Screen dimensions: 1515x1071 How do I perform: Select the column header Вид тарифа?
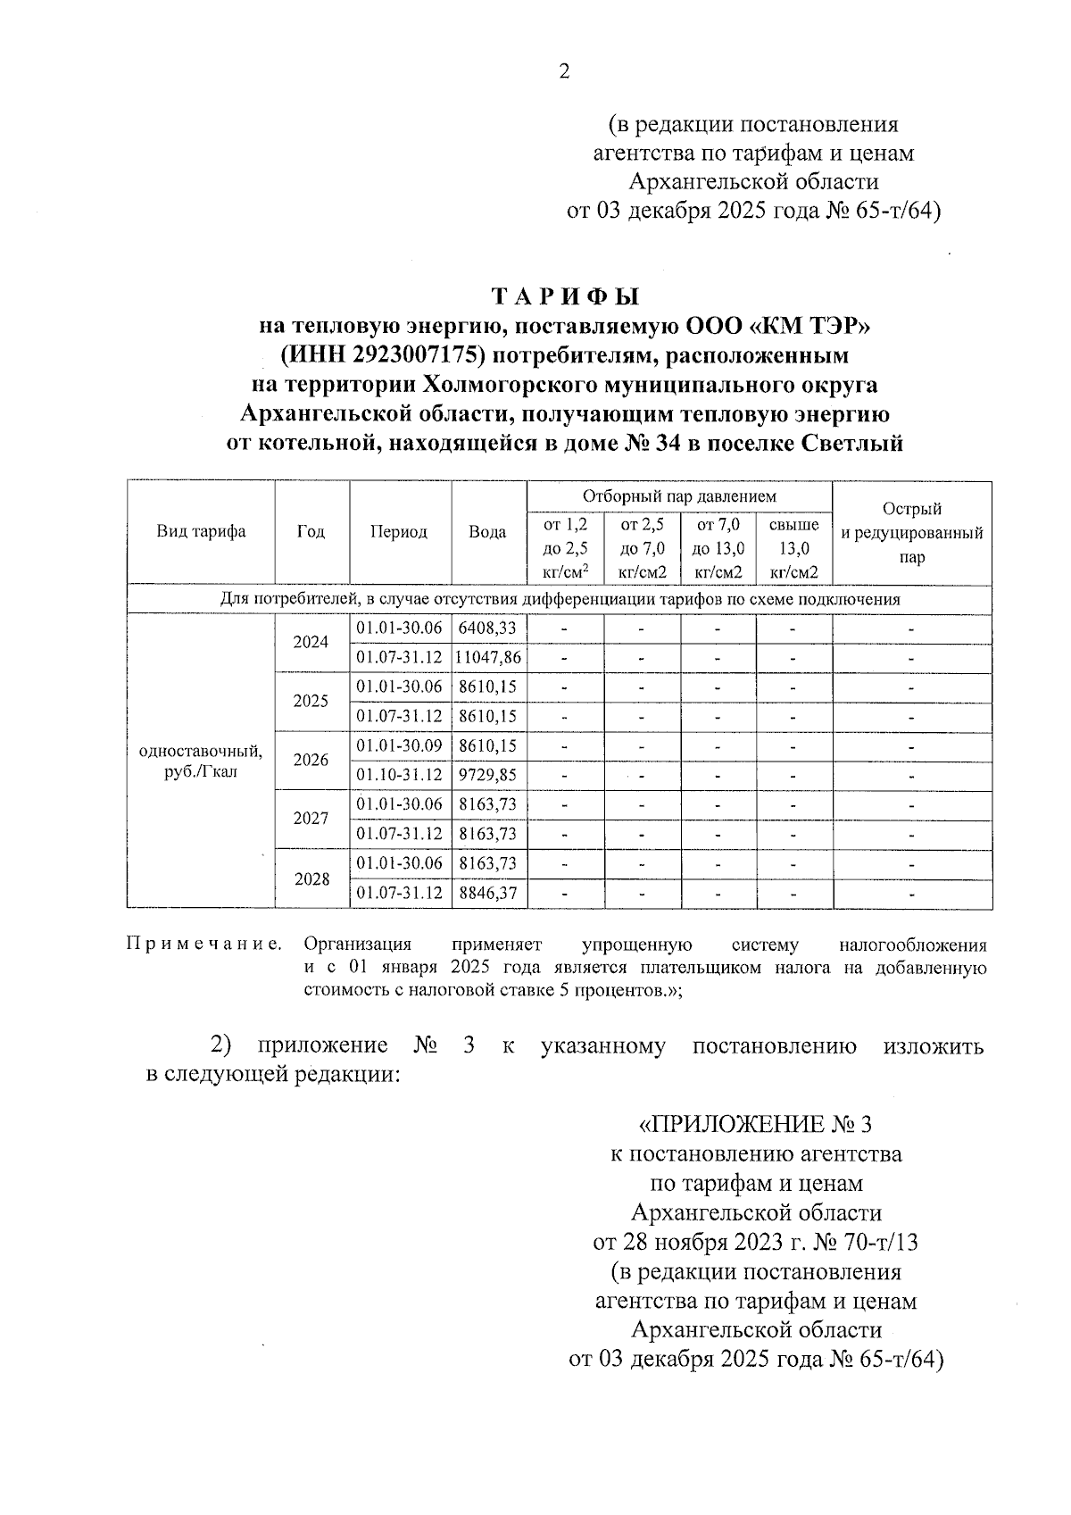(202, 532)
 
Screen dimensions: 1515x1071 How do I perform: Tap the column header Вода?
(488, 532)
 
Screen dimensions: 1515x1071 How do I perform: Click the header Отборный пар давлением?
(679, 496)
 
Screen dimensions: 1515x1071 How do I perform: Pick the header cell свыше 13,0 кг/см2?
(793, 549)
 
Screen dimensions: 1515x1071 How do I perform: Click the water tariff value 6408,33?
(487, 628)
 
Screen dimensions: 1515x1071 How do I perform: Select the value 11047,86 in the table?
(488, 658)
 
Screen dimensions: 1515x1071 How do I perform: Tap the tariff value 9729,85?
(487, 775)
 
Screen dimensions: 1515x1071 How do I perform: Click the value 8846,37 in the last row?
(487, 893)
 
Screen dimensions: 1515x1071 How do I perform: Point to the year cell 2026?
(311, 761)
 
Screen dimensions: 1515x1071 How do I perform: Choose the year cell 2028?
(311, 878)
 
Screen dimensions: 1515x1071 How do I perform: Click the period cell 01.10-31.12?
(400, 775)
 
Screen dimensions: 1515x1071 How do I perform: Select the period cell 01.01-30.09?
(400, 745)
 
